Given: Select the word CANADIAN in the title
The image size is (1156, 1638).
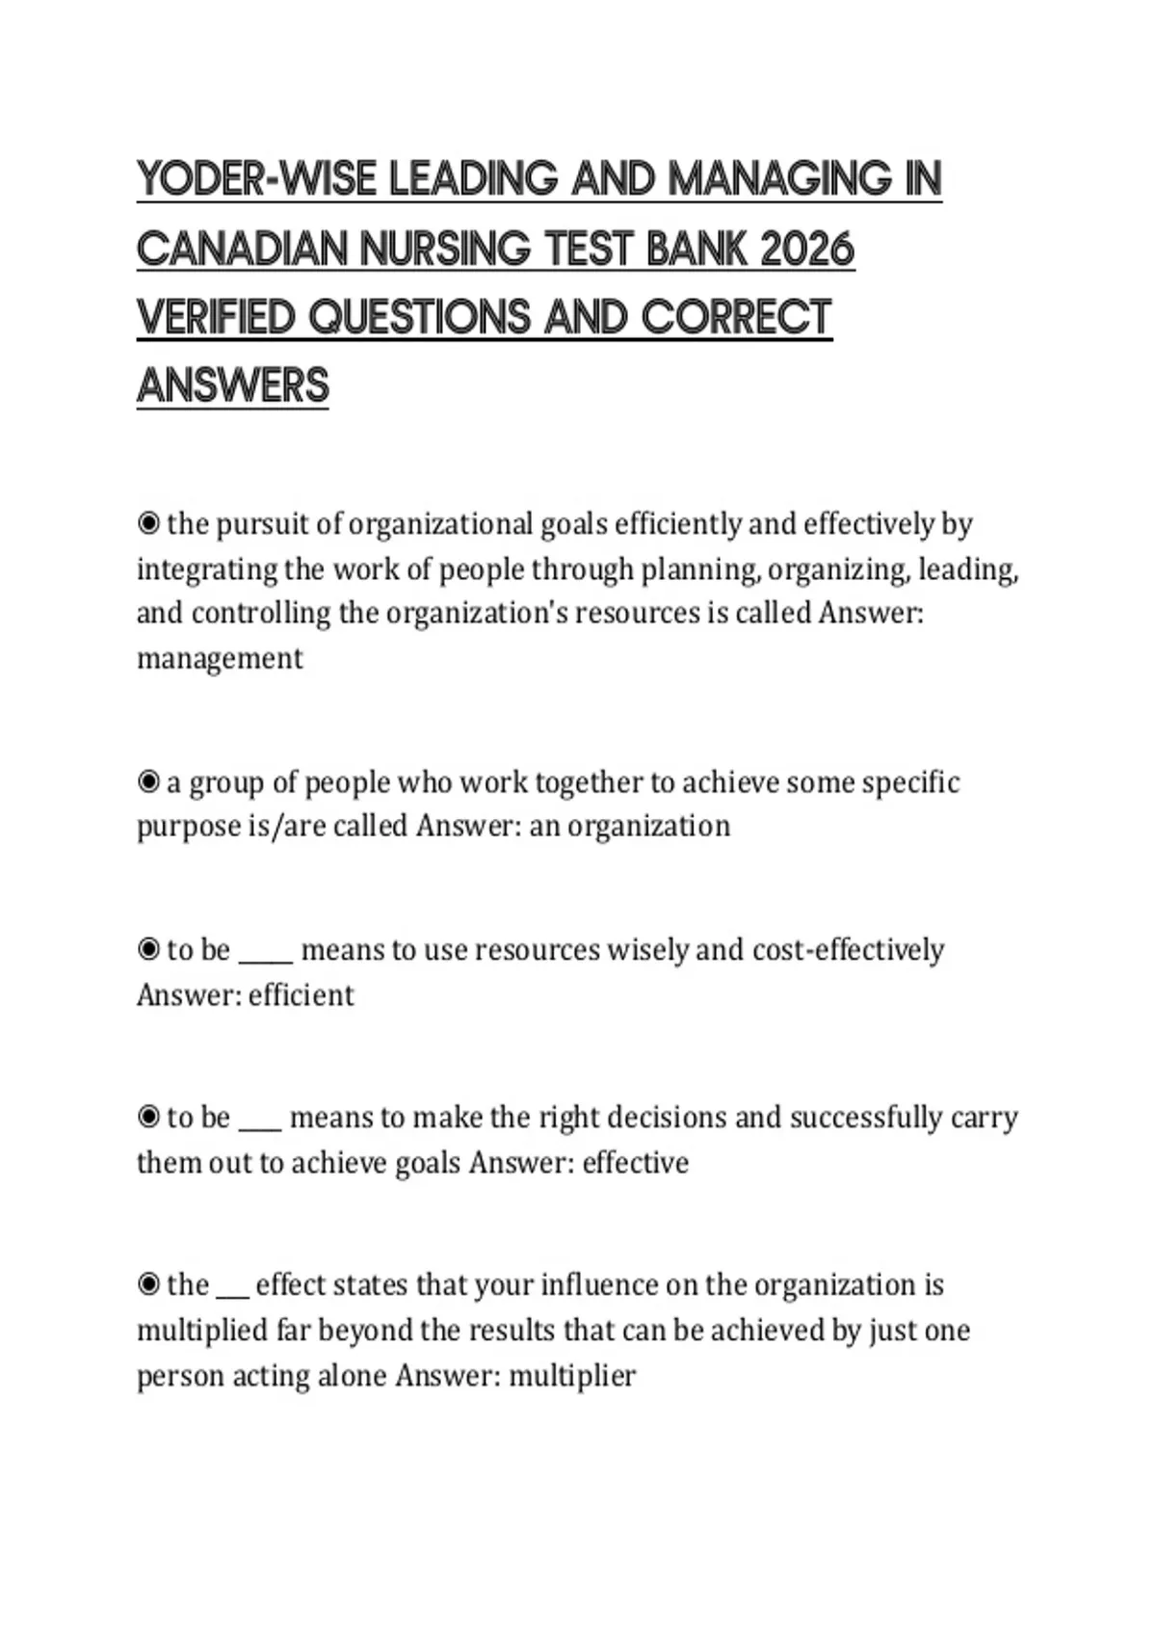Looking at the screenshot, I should [242, 250].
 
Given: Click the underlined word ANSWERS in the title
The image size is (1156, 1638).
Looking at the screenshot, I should [233, 385].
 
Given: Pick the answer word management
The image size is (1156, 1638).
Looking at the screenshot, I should [220, 659].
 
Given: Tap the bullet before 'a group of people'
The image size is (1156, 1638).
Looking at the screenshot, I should [148, 781].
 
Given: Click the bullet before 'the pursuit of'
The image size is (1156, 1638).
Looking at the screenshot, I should [148, 523].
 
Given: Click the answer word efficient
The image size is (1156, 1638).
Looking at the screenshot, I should [301, 994].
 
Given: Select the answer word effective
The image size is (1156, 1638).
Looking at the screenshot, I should [636, 1162].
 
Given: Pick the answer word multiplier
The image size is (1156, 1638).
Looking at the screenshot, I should [572, 1375].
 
